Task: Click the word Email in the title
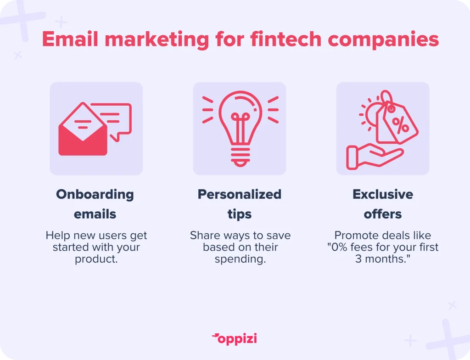click(x=70, y=39)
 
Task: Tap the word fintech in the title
click(x=285, y=39)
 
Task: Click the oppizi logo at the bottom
click(x=235, y=339)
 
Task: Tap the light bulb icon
click(x=240, y=129)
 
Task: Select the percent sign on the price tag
click(x=400, y=125)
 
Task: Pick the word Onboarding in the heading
click(x=95, y=195)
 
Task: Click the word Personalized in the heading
click(x=240, y=194)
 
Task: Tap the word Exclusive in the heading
click(x=383, y=194)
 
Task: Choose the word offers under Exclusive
click(x=383, y=214)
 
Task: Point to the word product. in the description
click(x=96, y=259)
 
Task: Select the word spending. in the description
click(x=241, y=259)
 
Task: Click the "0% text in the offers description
click(x=337, y=247)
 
